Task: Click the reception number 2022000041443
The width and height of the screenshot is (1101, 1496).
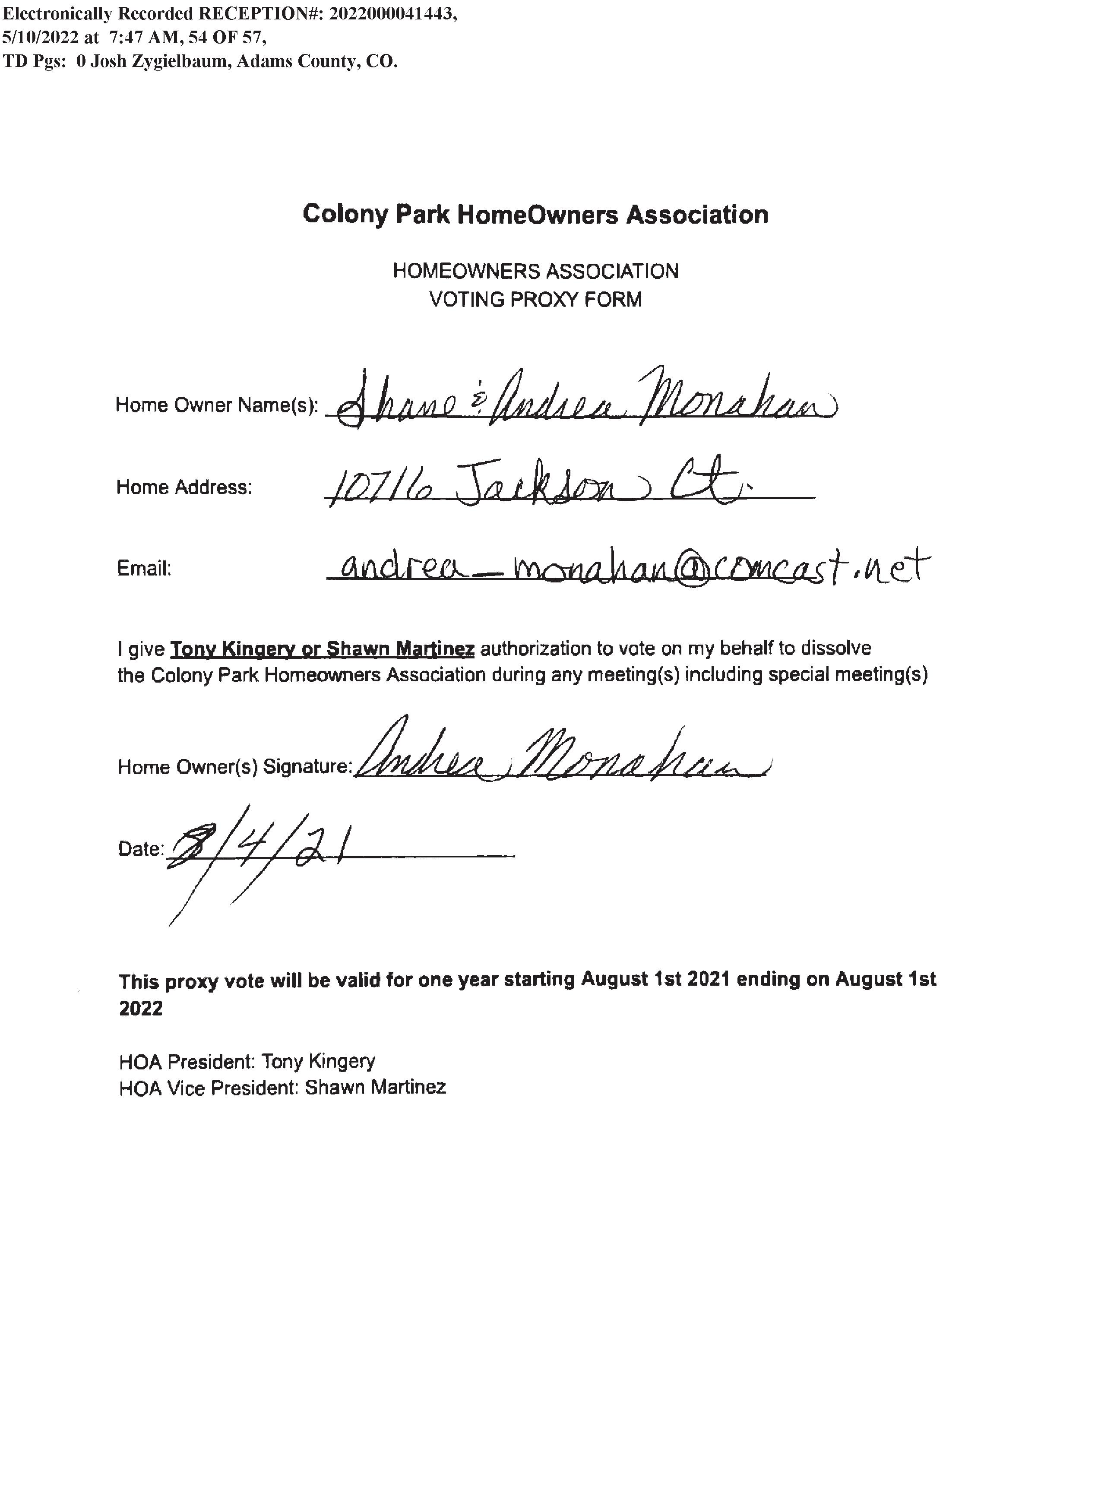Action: (392, 14)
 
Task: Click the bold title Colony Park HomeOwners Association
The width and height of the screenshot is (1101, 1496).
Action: (535, 215)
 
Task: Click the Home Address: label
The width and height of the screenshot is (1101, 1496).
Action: (184, 487)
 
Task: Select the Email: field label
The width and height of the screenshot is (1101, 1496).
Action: (144, 569)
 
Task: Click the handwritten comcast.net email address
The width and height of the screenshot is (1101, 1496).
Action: (626, 568)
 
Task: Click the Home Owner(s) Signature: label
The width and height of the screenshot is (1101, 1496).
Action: (234, 767)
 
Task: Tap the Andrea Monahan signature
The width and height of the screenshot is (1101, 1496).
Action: (560, 753)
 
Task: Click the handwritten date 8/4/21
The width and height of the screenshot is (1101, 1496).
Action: (260, 850)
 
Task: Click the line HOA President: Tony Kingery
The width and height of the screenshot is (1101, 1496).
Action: (247, 1062)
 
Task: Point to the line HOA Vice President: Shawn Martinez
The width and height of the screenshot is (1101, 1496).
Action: (282, 1088)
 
